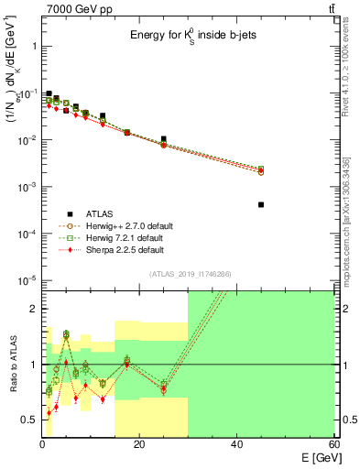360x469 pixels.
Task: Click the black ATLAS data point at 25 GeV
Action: tap(164, 139)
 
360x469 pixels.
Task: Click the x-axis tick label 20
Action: tap(139, 444)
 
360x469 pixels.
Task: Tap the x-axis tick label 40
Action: tap(236, 444)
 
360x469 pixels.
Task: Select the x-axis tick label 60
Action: tap(333, 444)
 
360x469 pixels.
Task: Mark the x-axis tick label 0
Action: tap(42, 444)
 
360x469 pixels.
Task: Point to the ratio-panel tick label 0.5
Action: tap(28, 420)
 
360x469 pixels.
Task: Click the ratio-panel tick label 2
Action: tap(32, 309)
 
